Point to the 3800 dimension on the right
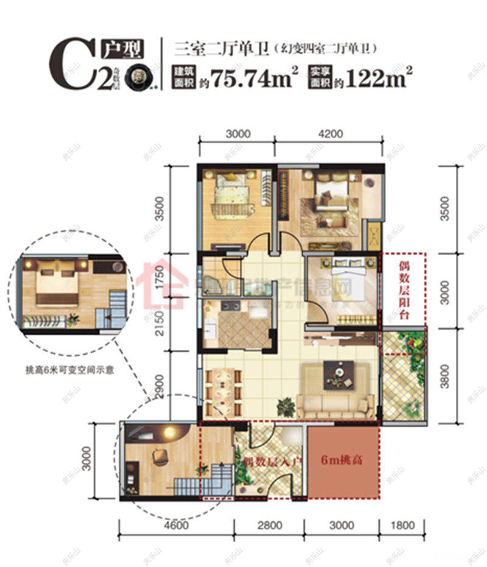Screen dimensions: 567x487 [x=447, y=376]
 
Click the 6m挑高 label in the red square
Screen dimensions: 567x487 [x=342, y=461]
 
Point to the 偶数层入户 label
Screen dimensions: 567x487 [x=272, y=462]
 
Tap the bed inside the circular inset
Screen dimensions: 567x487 [x=55, y=288]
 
